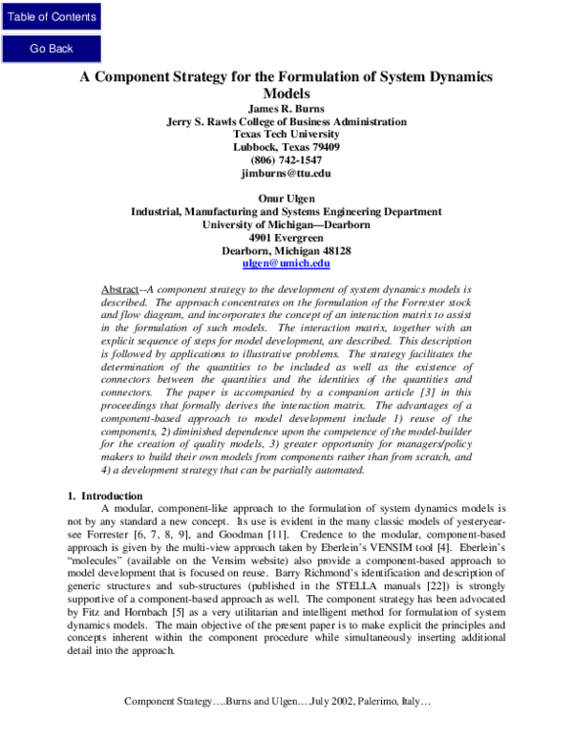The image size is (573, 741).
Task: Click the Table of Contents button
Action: tap(52, 16)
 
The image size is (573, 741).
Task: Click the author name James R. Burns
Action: tap(286, 109)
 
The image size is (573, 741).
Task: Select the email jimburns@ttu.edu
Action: tap(286, 174)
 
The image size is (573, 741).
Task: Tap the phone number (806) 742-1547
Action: tap(286, 160)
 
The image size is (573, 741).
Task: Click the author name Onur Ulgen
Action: tap(286, 199)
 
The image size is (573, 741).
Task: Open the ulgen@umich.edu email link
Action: tap(286, 263)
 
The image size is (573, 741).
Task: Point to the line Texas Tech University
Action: tap(286, 135)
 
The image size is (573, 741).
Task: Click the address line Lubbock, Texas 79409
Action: tap(286, 148)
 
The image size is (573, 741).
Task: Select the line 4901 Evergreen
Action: tap(286, 237)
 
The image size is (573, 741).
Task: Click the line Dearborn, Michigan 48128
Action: tap(286, 250)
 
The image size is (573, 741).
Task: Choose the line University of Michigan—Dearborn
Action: tap(286, 224)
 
